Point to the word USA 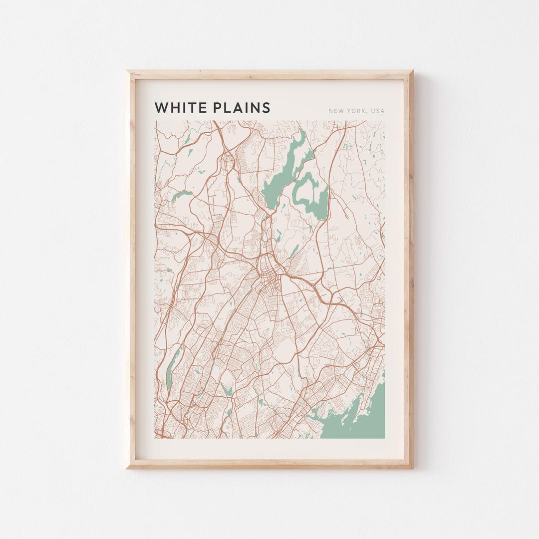coord(378,111)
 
